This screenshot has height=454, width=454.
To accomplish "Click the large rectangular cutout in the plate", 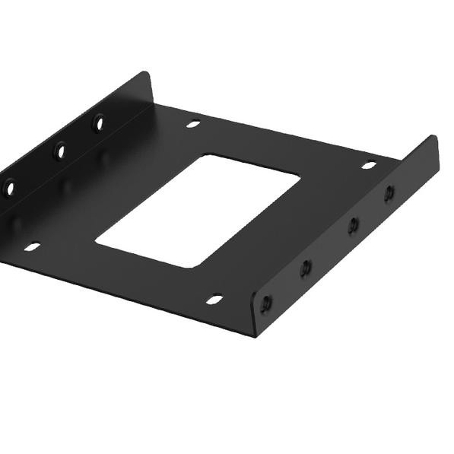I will click(x=199, y=211).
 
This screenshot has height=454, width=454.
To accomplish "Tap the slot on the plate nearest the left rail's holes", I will click(x=193, y=123).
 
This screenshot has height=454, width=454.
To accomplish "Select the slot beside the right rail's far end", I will click(x=369, y=165).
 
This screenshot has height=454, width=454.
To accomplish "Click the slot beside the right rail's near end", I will click(x=214, y=299).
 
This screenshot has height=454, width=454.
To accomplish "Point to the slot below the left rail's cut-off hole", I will click(x=32, y=246).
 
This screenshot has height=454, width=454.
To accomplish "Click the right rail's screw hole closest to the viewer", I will click(x=265, y=304).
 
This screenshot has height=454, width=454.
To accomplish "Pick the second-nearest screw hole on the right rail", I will click(x=306, y=267).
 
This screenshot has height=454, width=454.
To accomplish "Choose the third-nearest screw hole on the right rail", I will click(x=353, y=225).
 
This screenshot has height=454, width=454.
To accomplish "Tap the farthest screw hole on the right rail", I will click(x=389, y=193).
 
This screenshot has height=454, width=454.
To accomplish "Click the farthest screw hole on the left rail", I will click(x=99, y=122).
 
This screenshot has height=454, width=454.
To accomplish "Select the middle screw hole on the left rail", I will click(x=59, y=151).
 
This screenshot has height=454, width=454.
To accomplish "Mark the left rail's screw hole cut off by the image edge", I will click(x=9, y=187).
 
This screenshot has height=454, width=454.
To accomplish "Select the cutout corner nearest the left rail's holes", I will click(x=203, y=157).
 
